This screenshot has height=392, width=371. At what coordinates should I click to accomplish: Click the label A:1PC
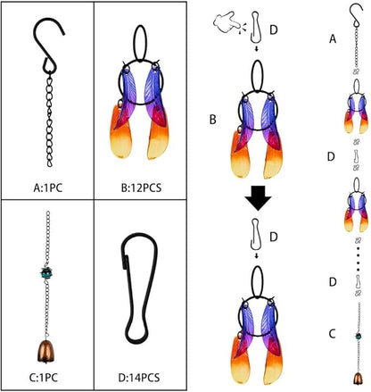pos(48,188)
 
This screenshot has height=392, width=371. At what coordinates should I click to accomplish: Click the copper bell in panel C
pos(45,352)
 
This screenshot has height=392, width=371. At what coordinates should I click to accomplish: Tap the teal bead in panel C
pos(46,272)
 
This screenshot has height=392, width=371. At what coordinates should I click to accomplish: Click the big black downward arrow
pos(258,198)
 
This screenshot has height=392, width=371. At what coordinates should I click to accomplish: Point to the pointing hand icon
pos(227,23)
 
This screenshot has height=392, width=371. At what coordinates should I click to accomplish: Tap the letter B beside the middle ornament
pos(213,120)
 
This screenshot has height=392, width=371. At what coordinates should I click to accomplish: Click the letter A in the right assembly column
pos(333,39)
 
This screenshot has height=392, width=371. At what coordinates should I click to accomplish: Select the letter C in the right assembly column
pos(332,334)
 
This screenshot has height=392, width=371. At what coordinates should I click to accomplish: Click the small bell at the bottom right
pos(358,379)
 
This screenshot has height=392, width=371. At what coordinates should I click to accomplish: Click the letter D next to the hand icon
pos(274,30)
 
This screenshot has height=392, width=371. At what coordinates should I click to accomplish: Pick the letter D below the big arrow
pos(274,237)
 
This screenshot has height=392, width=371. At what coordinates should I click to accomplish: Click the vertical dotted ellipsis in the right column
pos(358,258)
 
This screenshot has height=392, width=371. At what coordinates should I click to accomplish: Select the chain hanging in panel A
pos(50,121)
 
